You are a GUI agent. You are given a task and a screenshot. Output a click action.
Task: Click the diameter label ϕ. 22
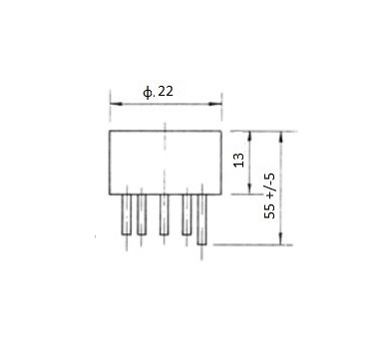(159, 92)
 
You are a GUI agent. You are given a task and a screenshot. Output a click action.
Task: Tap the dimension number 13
(239, 161)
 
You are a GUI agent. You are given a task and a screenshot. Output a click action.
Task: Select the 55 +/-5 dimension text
(270, 195)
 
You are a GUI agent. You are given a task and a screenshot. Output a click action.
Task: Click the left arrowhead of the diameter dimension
(116, 104)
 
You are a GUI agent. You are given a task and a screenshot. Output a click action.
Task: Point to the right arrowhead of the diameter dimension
(215, 104)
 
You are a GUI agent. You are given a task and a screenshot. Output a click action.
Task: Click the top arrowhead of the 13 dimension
(249, 138)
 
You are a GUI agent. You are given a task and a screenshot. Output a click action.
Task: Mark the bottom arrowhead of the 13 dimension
(249, 187)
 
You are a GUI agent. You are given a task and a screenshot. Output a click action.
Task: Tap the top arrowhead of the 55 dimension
(281, 138)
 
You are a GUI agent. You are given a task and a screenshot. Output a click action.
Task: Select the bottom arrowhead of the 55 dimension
(281, 238)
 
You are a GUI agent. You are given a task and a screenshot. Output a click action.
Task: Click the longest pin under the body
(201, 219)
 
